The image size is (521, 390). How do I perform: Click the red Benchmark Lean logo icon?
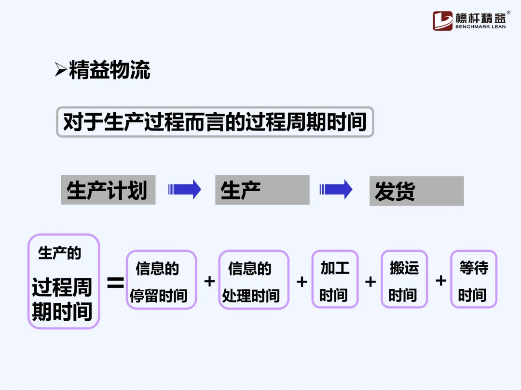click(442, 21)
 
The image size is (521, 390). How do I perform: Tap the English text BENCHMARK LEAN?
click(480, 27)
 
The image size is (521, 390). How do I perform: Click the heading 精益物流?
click(110, 70)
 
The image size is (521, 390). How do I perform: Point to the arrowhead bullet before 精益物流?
click(60, 70)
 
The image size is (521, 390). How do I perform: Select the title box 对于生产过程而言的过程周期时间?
click(215, 122)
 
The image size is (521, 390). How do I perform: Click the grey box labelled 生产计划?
click(108, 190)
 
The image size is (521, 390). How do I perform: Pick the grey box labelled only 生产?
click(262, 190)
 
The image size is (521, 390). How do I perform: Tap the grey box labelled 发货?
click(416, 191)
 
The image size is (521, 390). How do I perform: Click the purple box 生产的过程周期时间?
click(63, 281)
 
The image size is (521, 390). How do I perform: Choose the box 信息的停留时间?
click(161, 280)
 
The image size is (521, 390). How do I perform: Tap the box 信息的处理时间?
click(254, 280)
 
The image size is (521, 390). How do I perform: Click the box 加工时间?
click(335, 279)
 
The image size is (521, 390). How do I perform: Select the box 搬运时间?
click(404, 279)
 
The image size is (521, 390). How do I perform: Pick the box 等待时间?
click(473, 279)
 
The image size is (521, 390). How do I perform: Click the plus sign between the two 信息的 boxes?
click(209, 281)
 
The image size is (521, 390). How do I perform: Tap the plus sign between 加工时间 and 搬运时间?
click(370, 281)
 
